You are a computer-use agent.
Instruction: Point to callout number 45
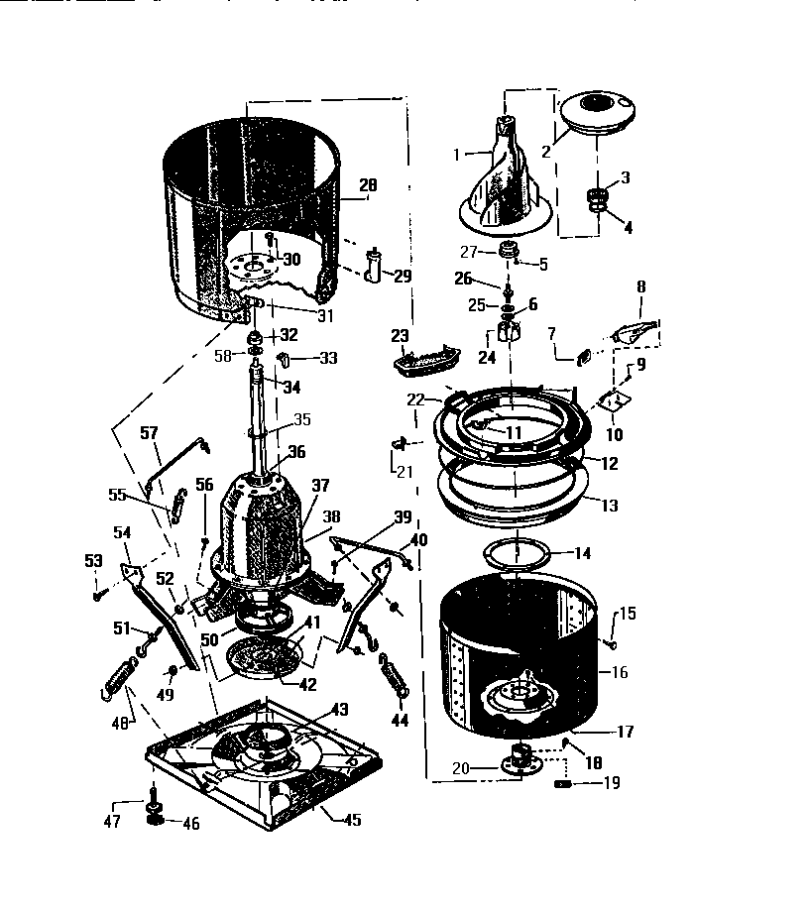(x=352, y=820)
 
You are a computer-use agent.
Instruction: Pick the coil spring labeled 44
(x=394, y=677)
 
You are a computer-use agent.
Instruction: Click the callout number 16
(x=620, y=672)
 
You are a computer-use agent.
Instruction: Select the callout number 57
(x=149, y=433)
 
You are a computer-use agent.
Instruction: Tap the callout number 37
(x=320, y=486)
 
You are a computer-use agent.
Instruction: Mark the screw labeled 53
(x=100, y=596)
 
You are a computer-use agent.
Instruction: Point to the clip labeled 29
(x=373, y=265)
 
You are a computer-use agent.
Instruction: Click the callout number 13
(x=608, y=506)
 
